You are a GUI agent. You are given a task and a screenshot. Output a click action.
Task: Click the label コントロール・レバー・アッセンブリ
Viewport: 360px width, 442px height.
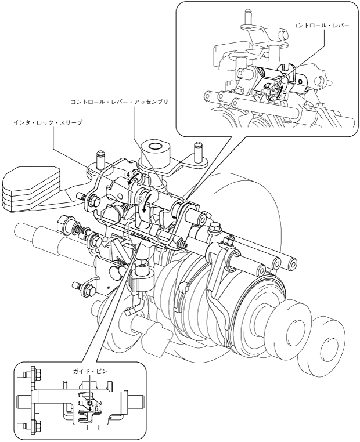click(x=119, y=102)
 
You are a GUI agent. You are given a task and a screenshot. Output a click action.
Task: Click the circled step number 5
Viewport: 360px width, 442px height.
click(x=140, y=200)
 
